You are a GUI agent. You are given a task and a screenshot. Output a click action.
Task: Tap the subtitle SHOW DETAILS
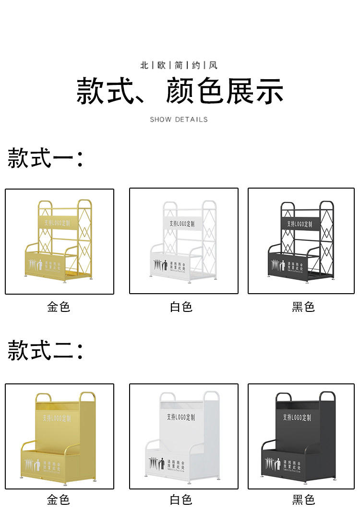(179, 119)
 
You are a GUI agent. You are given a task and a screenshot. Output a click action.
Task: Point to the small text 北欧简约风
(179, 65)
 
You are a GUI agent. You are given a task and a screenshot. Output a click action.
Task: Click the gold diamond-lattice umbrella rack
(60, 241)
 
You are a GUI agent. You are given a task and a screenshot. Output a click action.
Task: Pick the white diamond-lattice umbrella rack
(184, 241)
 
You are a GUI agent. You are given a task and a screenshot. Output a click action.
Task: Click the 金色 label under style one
(59, 307)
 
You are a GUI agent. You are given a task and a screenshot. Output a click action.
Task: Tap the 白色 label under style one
(181, 307)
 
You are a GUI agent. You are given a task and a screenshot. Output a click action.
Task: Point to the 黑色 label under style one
(303, 307)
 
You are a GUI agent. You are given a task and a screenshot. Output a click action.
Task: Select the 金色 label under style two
(59, 500)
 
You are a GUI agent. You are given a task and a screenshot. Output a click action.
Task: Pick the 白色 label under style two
(181, 500)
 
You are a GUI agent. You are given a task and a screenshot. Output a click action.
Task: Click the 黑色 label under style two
(303, 500)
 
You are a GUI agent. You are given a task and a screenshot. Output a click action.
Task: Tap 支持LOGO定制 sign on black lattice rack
(300, 224)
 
